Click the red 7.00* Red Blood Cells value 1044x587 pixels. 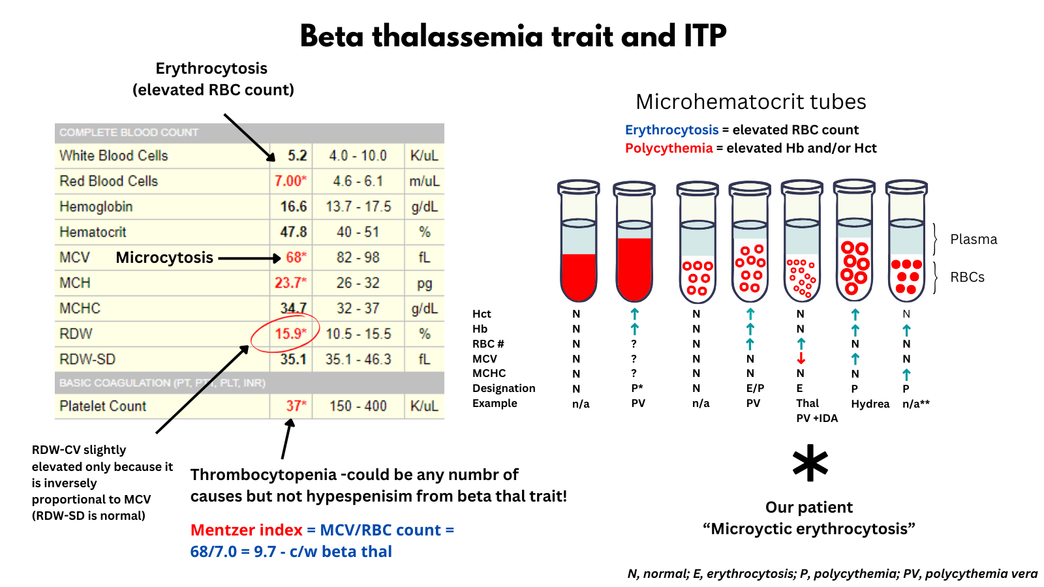pos(290,181)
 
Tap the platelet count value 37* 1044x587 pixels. pos(296,406)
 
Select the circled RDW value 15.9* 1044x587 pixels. pos(290,334)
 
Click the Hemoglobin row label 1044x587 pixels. pos(96,207)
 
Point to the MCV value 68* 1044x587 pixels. pos(296,258)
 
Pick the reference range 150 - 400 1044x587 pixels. pos(358,406)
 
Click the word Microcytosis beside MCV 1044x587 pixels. pos(164,258)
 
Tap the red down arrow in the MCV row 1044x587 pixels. pos(801,359)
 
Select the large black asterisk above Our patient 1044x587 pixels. pos(810,464)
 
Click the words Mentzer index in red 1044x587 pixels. pos(246,530)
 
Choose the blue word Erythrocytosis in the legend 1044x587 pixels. pos(671,130)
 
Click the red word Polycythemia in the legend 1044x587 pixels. pos(669,148)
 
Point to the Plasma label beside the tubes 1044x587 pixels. pos(974,239)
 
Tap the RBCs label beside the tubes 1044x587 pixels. pos(967,277)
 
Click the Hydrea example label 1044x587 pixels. pos(870,404)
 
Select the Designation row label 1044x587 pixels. pos(504,389)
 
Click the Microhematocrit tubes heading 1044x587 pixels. pos(750,102)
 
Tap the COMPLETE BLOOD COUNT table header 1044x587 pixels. pos(129,132)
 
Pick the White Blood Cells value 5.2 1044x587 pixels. pos(297,155)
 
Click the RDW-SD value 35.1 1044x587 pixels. pos(293,359)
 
